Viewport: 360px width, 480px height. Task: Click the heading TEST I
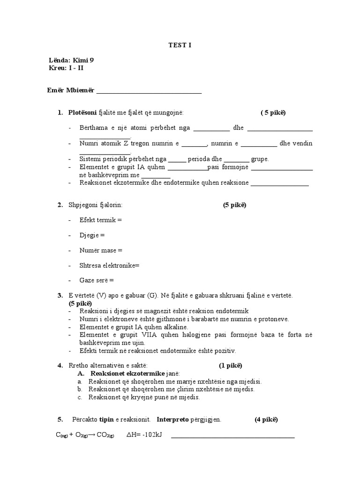(180, 45)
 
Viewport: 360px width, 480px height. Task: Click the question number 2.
(60, 205)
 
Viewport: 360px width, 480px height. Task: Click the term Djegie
(90, 235)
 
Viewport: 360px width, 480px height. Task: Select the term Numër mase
(98, 250)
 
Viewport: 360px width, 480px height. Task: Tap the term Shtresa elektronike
(108, 265)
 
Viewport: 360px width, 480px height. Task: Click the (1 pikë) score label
(230, 365)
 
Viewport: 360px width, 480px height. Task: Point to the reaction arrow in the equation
(93, 435)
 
